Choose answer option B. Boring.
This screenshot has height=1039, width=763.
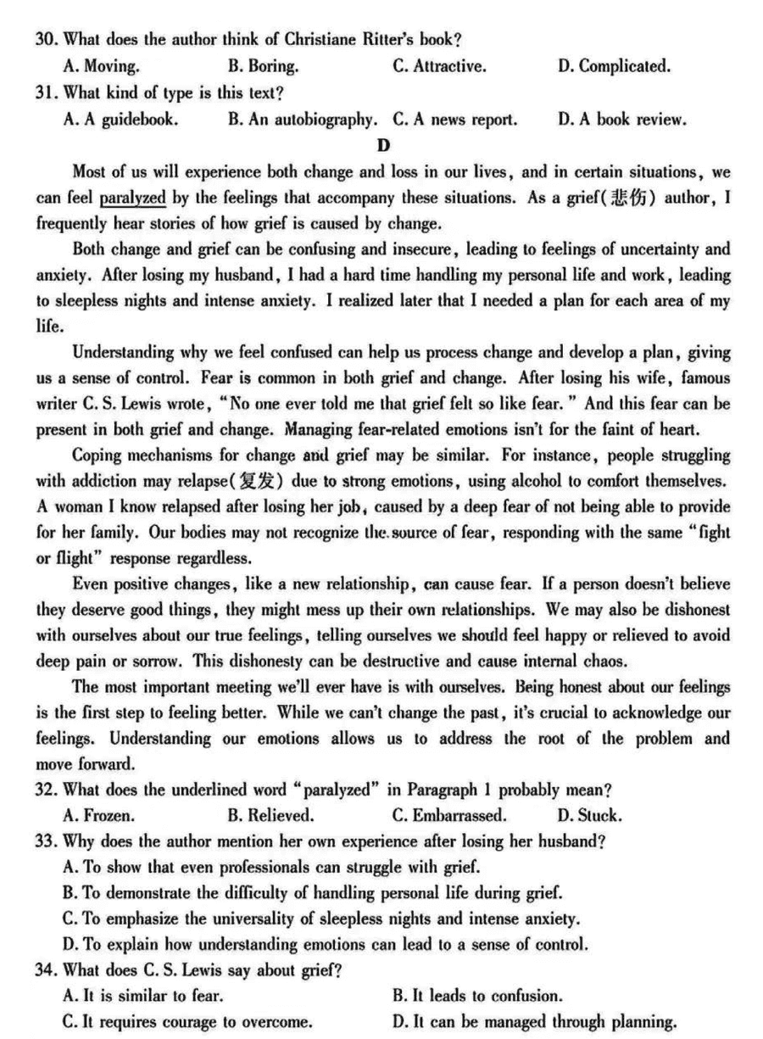[x=262, y=66]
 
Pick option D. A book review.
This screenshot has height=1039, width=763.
[x=621, y=120]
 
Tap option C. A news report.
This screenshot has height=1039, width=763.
[x=454, y=120]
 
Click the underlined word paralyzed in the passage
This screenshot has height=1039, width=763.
[x=132, y=198]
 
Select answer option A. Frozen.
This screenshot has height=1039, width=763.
[x=98, y=817]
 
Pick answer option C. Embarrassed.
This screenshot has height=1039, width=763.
[x=449, y=817]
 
